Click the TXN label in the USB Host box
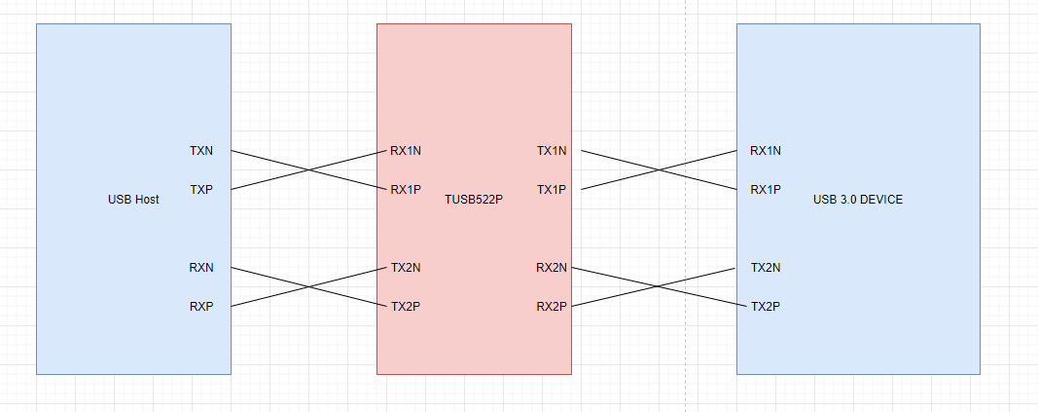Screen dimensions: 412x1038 point(201,151)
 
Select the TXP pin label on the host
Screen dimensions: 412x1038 point(201,190)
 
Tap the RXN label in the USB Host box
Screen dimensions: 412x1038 point(201,268)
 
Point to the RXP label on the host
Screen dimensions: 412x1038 point(201,307)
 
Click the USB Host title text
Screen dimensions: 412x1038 point(133,200)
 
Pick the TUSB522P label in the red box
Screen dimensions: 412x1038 point(474,200)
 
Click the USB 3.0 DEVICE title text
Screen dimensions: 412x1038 point(858,200)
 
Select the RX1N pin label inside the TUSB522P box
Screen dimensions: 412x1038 point(406,151)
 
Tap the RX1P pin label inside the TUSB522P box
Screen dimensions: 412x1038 point(406,190)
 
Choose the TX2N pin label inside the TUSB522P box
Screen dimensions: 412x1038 point(406,268)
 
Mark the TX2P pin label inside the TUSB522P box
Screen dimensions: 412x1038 point(406,307)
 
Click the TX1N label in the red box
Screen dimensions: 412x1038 point(552,151)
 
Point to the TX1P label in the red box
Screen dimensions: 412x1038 point(552,190)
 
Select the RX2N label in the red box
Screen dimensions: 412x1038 point(552,268)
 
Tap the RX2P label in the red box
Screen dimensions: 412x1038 point(552,307)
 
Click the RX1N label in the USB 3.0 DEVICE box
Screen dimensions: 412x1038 point(766,151)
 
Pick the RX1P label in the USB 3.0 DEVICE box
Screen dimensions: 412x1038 point(766,190)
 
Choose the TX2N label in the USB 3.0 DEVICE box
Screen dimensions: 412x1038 point(766,268)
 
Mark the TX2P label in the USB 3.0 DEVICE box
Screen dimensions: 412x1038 point(766,307)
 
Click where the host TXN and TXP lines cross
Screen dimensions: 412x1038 point(310,170)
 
